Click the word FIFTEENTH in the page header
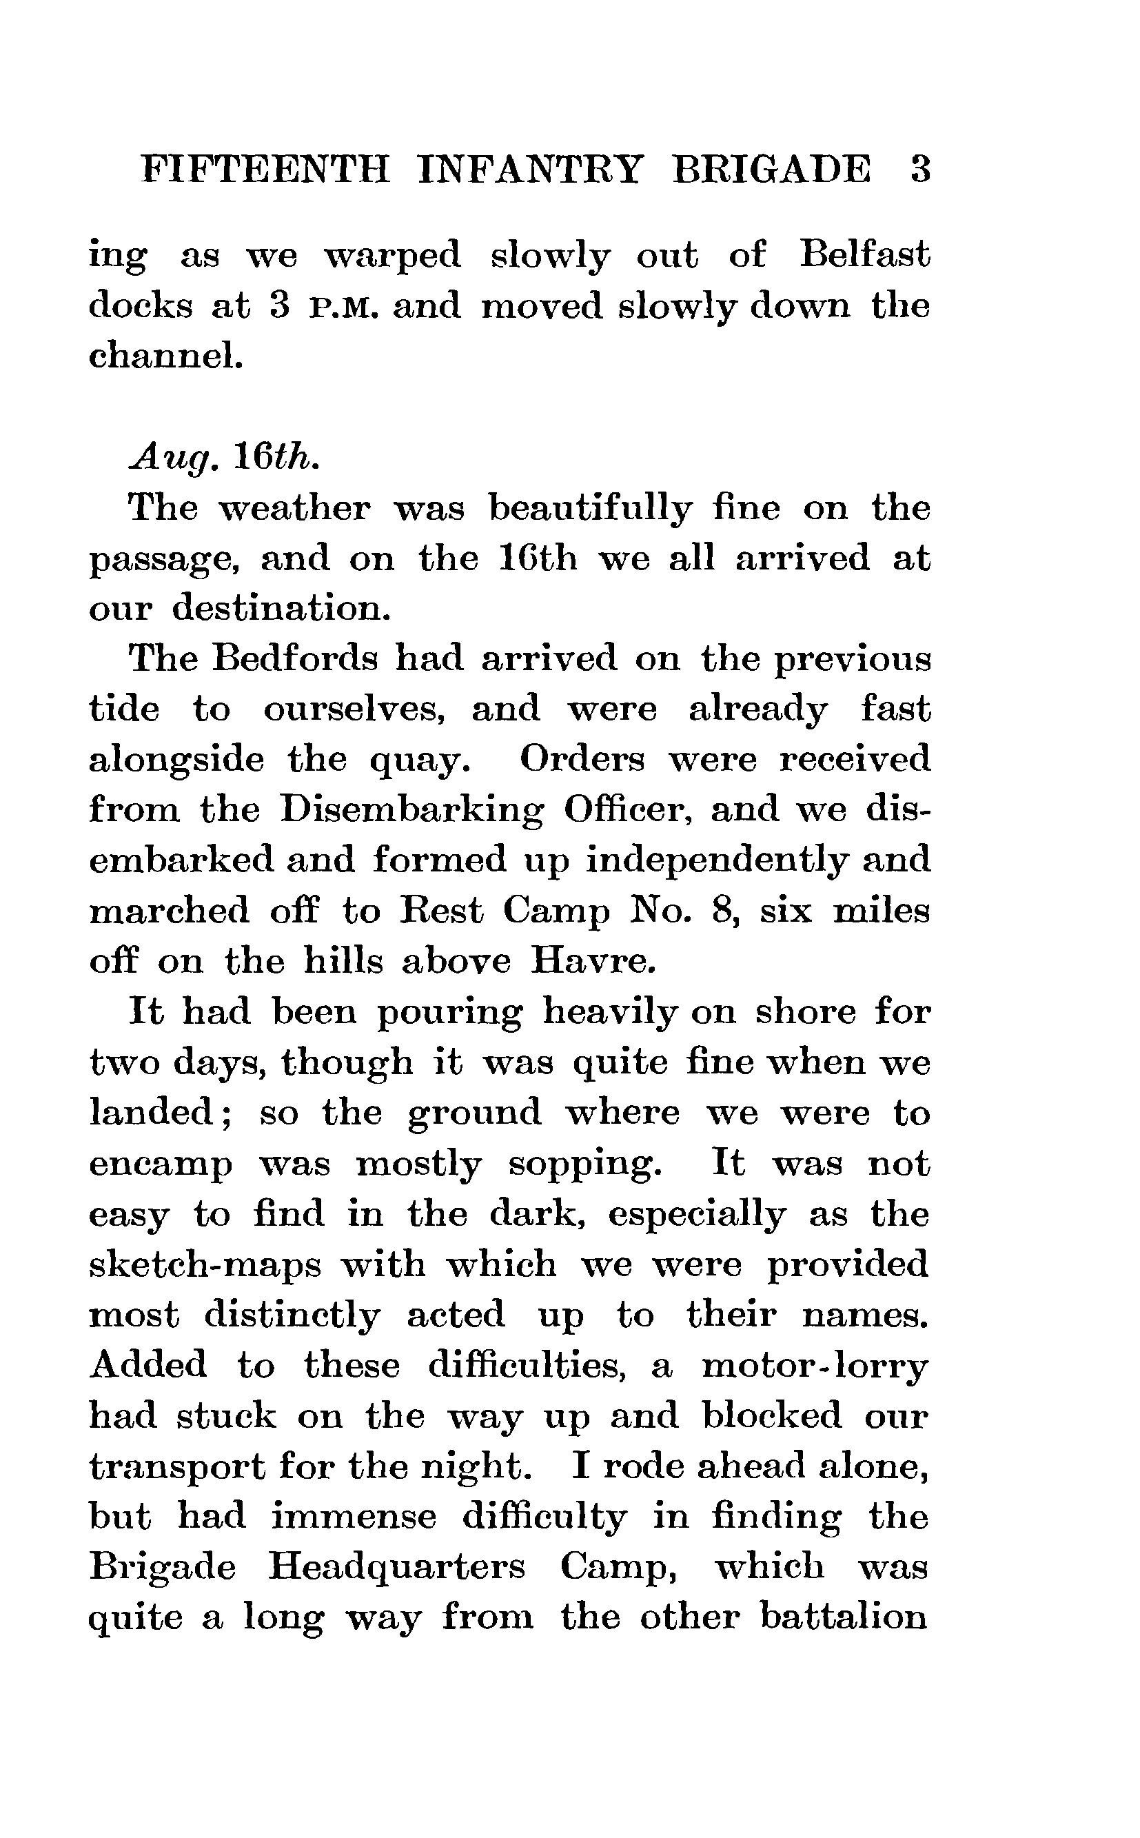pyautogui.click(x=265, y=170)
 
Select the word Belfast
pyautogui.click(x=864, y=255)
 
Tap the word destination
pyautogui.click(x=281, y=608)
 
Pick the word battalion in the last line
pyautogui.click(x=843, y=1617)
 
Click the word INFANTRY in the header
pyautogui.click(x=530, y=170)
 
